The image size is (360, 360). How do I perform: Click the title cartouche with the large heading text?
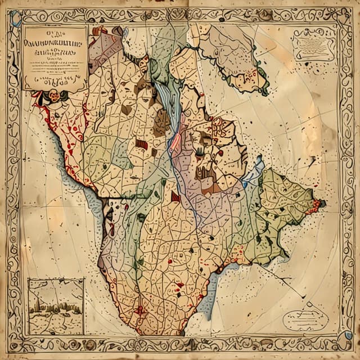(55, 56)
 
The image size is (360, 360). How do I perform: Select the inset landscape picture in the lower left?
(56, 306)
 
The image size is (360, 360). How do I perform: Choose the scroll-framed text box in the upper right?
(314, 44)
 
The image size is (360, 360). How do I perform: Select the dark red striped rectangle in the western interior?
(142, 145)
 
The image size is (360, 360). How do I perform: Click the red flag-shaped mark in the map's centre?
(176, 196)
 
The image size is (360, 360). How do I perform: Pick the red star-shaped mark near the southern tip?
(140, 309)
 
